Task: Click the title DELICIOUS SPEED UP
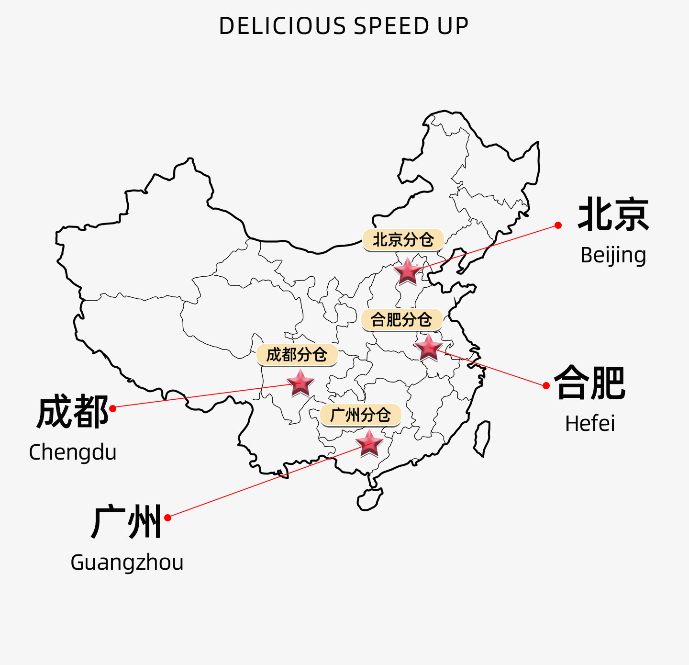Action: [344, 26]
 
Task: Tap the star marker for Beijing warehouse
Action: [407, 272]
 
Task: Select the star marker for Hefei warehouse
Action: [428, 347]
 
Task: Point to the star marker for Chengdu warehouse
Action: [300, 383]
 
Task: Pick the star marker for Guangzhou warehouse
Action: [369, 443]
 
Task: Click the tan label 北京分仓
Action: [403, 240]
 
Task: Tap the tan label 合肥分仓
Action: [401, 320]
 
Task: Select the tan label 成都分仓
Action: [297, 355]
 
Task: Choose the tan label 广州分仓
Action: [360, 415]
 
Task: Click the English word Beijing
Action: [613, 255]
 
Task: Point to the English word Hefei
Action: [590, 424]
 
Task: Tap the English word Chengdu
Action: [73, 452]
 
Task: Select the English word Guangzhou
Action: [127, 563]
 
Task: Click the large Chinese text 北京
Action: [613, 215]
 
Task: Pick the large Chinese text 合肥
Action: [590, 383]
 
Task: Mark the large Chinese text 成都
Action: [73, 412]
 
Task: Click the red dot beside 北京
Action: [558, 225]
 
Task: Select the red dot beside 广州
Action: [167, 518]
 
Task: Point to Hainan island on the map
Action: [369, 499]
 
